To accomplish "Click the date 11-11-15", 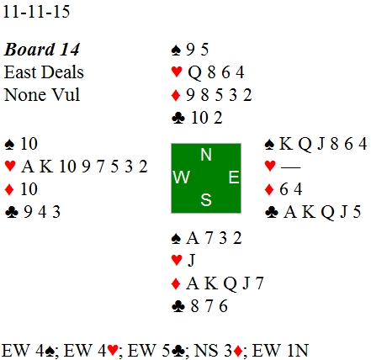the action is click(36, 12).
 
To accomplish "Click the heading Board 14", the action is click(42, 50).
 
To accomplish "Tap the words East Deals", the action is click(44, 72).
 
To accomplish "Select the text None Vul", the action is click(42, 94).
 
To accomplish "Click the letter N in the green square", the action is click(206, 155).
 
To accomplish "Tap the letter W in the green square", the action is click(182, 177).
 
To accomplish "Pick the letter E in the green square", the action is click(234, 177).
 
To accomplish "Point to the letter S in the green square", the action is click(206, 200).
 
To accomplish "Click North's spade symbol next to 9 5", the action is click(176, 50).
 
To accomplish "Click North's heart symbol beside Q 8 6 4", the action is click(177, 72).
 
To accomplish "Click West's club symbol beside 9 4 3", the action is click(12, 212).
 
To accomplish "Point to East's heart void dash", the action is click(290, 167).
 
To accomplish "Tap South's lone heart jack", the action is click(191, 261).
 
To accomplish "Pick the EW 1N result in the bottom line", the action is click(280, 350).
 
